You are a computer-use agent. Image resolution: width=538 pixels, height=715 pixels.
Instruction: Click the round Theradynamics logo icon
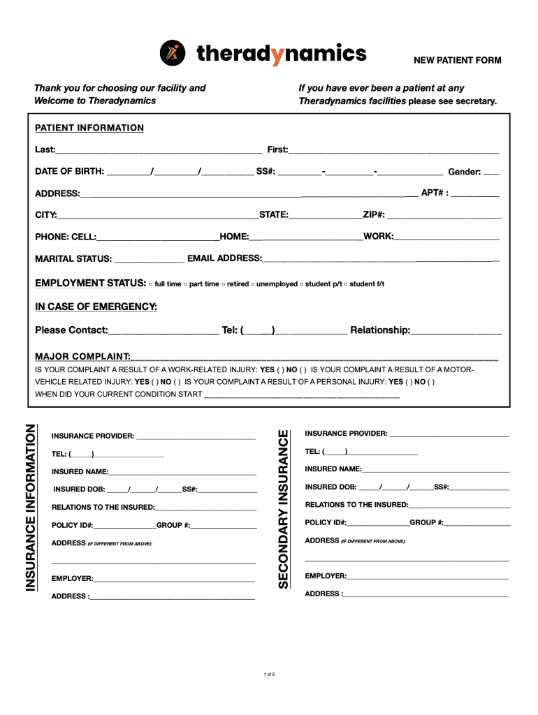[173, 53]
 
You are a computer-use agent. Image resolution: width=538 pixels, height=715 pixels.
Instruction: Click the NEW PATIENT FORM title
[458, 61]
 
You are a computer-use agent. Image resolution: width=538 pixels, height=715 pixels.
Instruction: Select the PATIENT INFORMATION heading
[89, 128]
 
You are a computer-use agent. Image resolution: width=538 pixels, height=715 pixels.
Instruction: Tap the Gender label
[464, 172]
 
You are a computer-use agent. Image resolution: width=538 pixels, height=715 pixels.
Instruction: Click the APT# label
[434, 193]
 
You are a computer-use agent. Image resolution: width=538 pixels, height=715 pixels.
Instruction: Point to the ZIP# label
[373, 214]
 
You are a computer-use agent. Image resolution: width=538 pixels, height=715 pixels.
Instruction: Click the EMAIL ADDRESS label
[224, 258]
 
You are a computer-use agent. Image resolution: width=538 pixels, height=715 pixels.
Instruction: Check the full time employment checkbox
[151, 284]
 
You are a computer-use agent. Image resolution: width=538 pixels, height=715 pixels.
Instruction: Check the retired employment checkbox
[224, 284]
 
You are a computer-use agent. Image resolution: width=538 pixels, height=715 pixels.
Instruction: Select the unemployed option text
[277, 284]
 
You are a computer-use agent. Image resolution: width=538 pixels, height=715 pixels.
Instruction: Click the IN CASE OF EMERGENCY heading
[96, 307]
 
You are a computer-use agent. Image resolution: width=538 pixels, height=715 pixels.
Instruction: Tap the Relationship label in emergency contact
[380, 330]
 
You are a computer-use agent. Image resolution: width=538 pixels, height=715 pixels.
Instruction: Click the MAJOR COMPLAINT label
[82, 357]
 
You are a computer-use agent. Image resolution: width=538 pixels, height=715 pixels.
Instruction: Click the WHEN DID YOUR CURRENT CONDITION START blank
[300, 395]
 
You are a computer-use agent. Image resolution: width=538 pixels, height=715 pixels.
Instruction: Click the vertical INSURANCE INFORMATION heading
[31, 508]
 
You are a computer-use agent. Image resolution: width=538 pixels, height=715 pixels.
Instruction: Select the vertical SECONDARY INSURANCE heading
[283, 508]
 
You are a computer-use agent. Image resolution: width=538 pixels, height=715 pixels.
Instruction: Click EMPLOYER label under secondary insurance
[326, 576]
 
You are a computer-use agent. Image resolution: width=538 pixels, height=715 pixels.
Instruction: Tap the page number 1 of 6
[269, 674]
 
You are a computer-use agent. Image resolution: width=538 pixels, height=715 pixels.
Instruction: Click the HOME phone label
[234, 237]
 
